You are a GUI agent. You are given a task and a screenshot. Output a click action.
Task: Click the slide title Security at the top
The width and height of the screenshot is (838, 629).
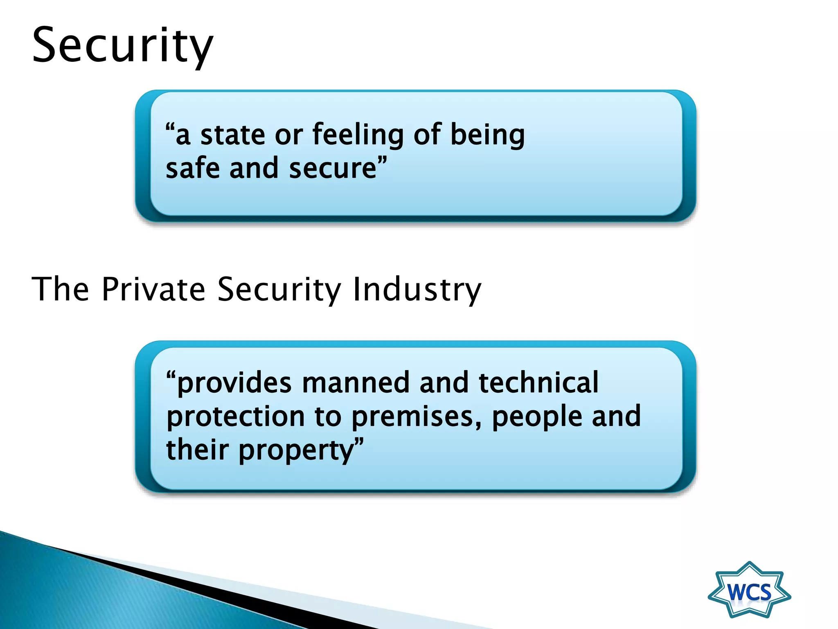(x=122, y=46)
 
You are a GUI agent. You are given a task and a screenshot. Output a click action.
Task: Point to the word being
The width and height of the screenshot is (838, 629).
(x=487, y=135)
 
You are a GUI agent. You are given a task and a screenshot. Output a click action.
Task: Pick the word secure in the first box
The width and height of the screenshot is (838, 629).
(x=333, y=168)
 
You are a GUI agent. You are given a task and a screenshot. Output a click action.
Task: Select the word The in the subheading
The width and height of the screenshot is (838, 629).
(x=61, y=289)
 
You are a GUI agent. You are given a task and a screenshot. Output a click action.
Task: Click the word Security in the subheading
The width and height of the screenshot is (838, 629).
(x=279, y=289)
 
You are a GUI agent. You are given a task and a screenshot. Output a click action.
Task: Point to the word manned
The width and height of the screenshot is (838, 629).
(x=356, y=382)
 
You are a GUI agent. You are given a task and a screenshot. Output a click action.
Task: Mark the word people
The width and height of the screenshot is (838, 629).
(x=536, y=417)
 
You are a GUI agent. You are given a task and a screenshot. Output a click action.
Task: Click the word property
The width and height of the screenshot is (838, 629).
(x=296, y=450)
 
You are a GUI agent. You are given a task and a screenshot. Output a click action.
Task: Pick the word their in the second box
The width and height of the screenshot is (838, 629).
(x=197, y=450)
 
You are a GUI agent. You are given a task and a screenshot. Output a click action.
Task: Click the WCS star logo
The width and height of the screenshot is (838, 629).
(x=749, y=590)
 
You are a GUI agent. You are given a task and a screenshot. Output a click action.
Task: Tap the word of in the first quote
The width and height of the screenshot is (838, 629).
(x=427, y=135)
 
